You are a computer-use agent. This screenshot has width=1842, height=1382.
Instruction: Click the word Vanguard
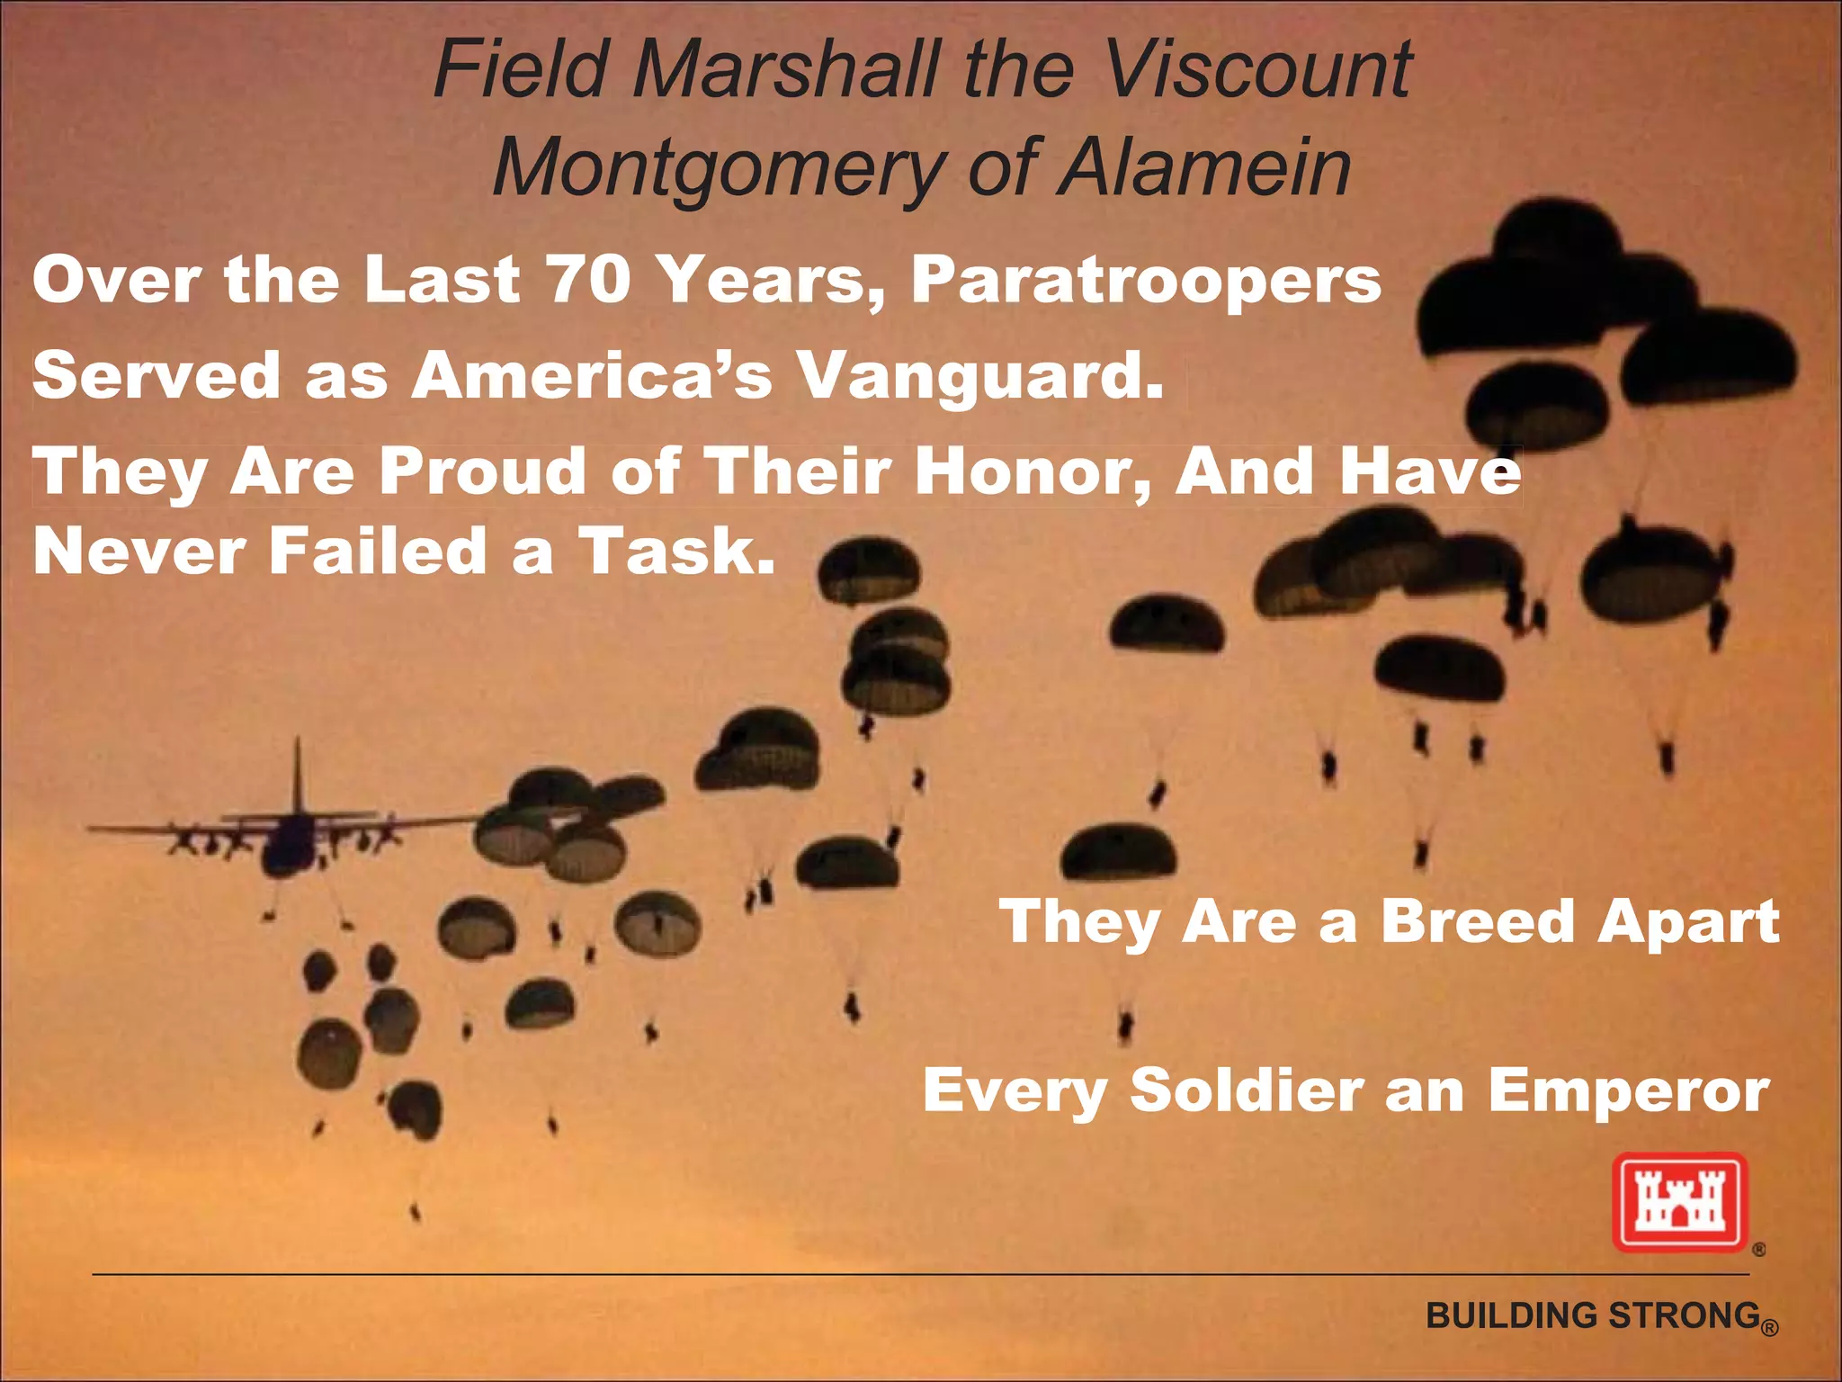pos(980,375)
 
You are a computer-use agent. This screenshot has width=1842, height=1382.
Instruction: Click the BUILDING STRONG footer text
pos(1592,1315)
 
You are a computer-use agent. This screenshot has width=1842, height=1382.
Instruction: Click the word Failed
pos(378,551)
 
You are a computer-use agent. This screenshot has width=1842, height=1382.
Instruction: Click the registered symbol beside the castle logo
pos(1758,1249)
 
